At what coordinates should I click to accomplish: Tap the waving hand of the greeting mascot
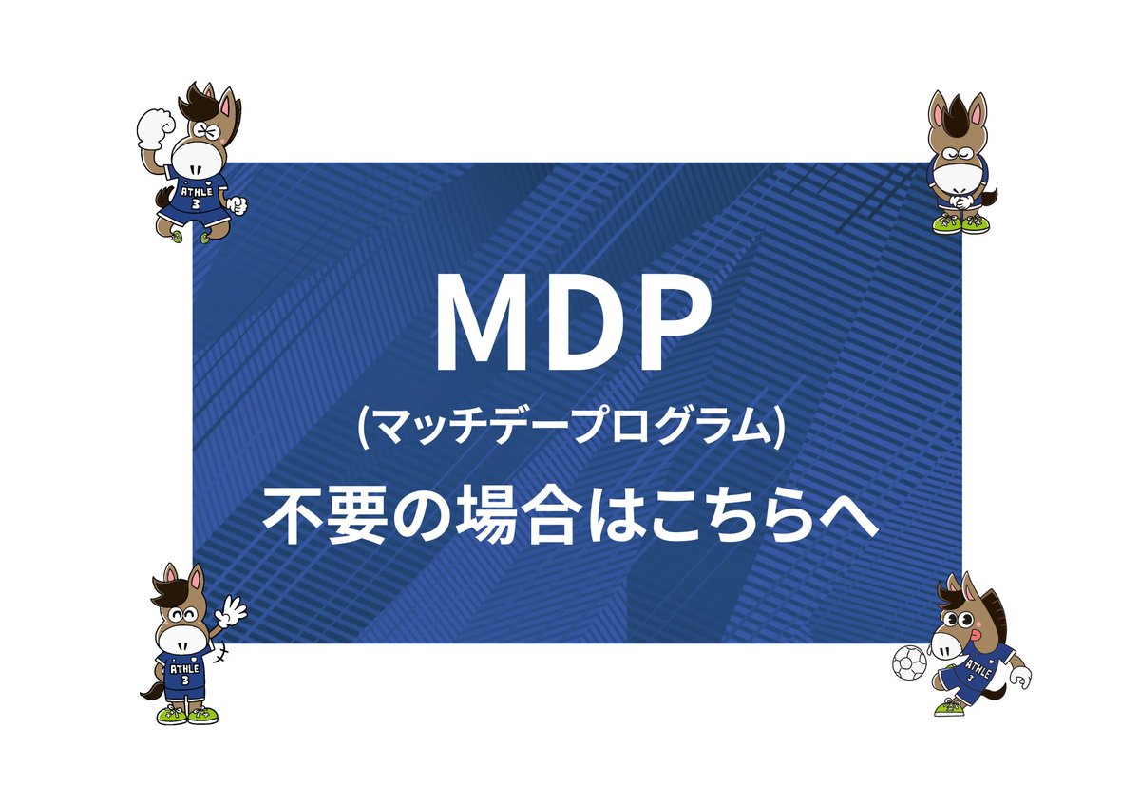click(x=231, y=610)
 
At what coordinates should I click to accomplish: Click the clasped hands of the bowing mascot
click(x=959, y=202)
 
